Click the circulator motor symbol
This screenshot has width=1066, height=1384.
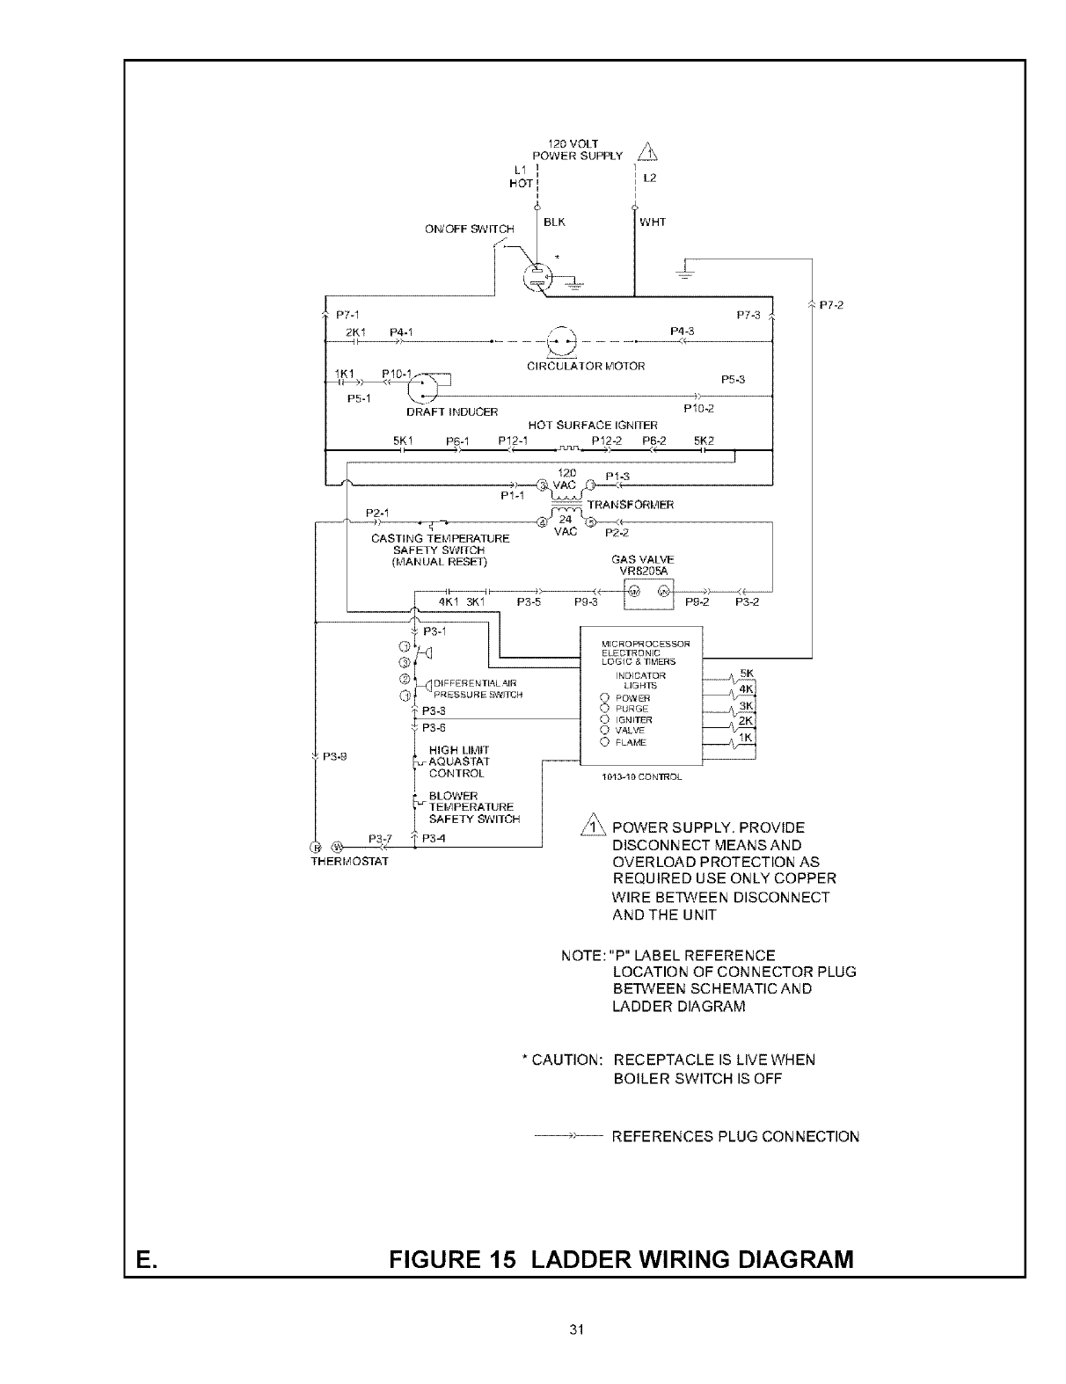(x=560, y=342)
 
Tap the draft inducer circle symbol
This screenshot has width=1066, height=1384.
(x=423, y=384)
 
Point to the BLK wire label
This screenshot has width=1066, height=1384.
(x=554, y=222)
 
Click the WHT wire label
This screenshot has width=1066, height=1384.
(x=653, y=222)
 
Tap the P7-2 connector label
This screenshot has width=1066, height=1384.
(x=831, y=305)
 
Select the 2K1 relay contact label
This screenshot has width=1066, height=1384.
(x=355, y=331)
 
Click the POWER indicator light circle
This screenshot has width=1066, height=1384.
(x=605, y=698)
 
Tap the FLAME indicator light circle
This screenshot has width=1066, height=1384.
(x=605, y=742)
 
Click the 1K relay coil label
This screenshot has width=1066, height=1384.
(x=745, y=738)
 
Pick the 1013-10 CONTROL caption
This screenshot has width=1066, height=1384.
(x=641, y=777)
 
